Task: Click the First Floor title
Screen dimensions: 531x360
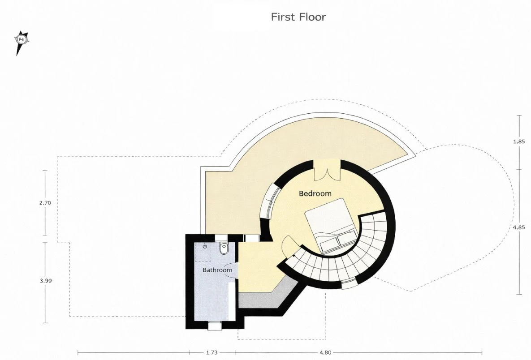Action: tap(298, 17)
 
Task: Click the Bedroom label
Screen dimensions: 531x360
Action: tap(315, 193)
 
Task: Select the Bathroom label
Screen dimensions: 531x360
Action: tap(217, 270)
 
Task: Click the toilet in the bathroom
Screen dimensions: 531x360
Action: tap(224, 249)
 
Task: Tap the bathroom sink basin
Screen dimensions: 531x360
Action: tap(232, 271)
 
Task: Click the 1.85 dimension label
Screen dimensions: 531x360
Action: tap(519, 141)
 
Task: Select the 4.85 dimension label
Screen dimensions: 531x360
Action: tap(519, 227)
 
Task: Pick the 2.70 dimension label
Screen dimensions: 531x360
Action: tap(45, 203)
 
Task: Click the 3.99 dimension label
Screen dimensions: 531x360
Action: tap(46, 280)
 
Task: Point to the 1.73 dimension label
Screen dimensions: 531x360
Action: tap(212, 352)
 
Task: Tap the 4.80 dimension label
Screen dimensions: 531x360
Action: tap(325, 352)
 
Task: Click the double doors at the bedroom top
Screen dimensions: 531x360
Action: tap(327, 171)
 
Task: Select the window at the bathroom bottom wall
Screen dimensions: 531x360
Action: tap(214, 326)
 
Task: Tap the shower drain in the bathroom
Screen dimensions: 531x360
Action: tap(205, 247)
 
